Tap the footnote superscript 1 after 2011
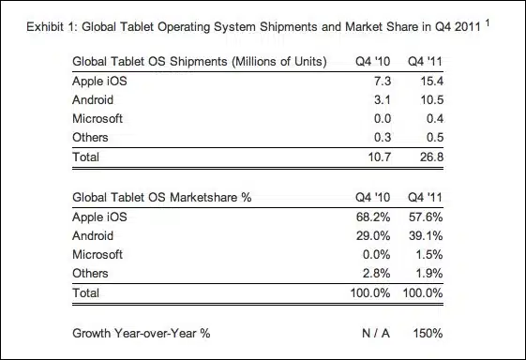click(487, 22)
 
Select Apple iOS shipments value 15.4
click(431, 82)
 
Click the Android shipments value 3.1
click(383, 100)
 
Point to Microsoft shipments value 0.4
click(435, 119)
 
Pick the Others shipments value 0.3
click(383, 138)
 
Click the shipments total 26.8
click(431, 157)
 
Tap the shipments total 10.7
click(380, 157)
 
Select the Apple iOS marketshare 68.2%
click(373, 217)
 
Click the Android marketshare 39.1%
click(426, 236)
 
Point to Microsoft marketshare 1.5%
click(429, 255)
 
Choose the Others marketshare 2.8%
click(376, 274)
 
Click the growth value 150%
click(428, 334)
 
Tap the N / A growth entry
click(376, 334)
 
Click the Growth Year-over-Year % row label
click(142, 334)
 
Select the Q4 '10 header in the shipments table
click(372, 62)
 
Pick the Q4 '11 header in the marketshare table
click(425, 198)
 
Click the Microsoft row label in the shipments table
click(98, 119)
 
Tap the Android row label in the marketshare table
click(93, 236)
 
